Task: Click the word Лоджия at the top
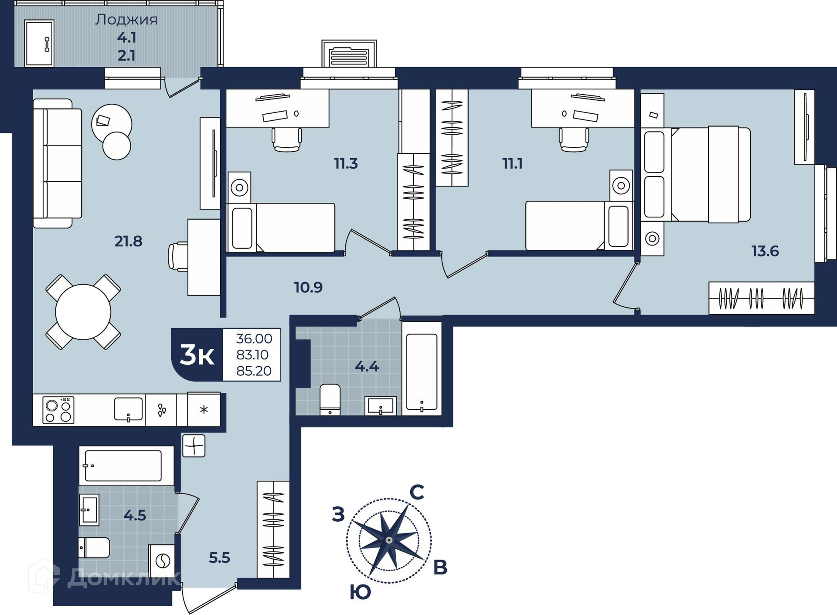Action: tap(126, 20)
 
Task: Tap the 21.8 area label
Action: tap(128, 241)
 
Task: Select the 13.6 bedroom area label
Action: tap(765, 251)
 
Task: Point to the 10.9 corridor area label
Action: tap(308, 287)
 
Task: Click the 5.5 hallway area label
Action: tap(219, 557)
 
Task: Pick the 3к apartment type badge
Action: tap(197, 355)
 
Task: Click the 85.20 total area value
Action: tap(254, 371)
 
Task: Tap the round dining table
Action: tap(83, 312)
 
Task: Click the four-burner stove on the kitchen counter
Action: tap(58, 410)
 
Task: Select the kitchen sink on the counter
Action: tap(128, 409)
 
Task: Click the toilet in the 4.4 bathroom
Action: tap(330, 399)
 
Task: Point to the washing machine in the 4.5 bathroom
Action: tap(162, 561)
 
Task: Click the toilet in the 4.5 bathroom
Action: tap(94, 548)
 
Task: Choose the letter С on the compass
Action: tap(417, 493)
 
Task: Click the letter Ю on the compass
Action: tap(361, 592)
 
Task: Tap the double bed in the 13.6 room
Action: tap(696, 174)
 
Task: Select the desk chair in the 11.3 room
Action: tap(287, 139)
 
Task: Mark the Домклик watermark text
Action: tap(123, 578)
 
